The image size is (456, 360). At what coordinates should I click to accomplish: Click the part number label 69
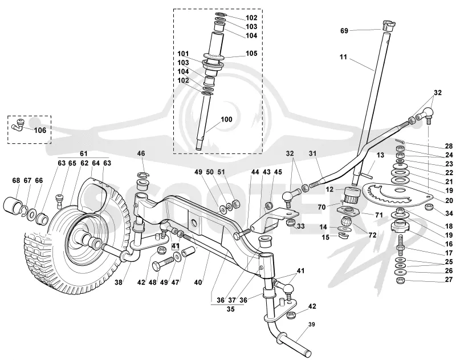[344, 31]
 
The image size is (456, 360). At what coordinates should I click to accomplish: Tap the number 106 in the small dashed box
[40, 131]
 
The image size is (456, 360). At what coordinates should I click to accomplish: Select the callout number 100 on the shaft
[226, 119]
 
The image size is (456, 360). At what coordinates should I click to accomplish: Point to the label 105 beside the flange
[251, 53]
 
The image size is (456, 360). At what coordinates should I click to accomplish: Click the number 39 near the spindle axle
[311, 324]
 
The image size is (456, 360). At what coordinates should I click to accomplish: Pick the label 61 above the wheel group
[84, 153]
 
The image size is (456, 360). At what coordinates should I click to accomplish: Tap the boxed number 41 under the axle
[175, 246]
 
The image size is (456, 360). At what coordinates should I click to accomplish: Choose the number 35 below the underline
[230, 309]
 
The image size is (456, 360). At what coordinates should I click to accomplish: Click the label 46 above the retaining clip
[141, 153]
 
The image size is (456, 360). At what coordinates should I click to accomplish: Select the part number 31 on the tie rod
[312, 153]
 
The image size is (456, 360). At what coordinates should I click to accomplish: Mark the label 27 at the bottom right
[449, 280]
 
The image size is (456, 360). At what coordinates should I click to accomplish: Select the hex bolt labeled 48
[164, 263]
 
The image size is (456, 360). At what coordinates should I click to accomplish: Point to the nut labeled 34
[428, 207]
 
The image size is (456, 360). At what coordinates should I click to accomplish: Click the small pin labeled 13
[365, 175]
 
